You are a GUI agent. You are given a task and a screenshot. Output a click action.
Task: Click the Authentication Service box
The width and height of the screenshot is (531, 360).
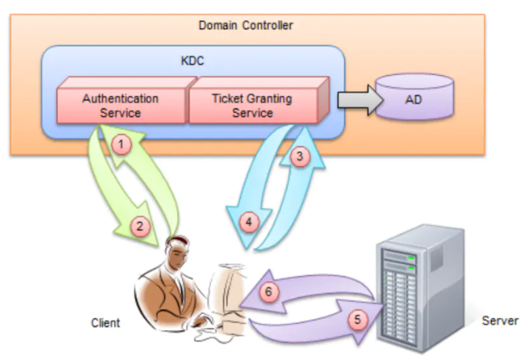[120, 106]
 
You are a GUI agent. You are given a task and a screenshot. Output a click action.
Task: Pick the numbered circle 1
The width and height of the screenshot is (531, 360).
[121, 144]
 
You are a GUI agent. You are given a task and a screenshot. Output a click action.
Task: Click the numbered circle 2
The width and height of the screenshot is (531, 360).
[140, 227]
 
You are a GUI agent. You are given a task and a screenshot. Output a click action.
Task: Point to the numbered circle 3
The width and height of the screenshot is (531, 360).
[297, 156]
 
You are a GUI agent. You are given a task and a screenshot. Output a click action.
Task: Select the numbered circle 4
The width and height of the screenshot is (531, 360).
[249, 222]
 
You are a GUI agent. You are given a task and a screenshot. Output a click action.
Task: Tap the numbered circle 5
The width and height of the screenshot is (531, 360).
[358, 319]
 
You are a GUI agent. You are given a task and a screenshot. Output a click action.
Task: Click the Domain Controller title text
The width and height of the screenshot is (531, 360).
[245, 26]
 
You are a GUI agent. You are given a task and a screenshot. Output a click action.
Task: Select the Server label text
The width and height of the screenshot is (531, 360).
[500, 321]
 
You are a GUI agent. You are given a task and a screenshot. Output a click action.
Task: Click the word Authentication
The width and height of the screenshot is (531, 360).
[120, 99]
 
